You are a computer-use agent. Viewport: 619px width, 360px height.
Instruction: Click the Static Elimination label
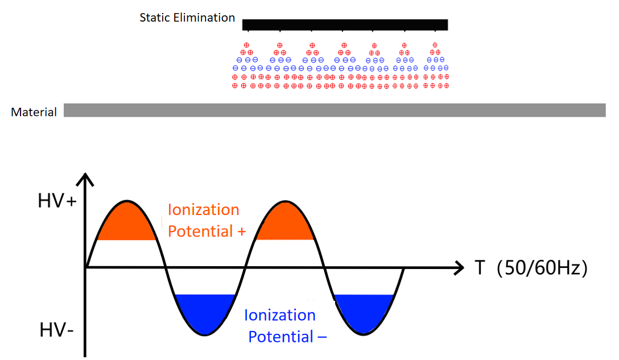(x=187, y=18)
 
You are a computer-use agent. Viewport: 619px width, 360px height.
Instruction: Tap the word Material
(x=34, y=112)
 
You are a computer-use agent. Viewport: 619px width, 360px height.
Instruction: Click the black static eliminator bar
(x=345, y=24)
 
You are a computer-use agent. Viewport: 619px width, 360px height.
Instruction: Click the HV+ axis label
(x=57, y=202)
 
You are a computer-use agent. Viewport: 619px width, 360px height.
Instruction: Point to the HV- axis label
(x=56, y=329)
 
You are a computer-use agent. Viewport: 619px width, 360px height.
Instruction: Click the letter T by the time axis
(x=480, y=267)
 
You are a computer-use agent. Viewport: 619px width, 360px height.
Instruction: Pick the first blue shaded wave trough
(x=205, y=312)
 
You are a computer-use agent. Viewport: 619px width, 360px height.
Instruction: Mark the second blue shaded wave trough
(x=364, y=312)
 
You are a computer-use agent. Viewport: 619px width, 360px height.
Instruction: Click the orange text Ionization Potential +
(x=203, y=221)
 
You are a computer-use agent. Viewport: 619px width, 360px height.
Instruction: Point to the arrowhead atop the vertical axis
(x=85, y=179)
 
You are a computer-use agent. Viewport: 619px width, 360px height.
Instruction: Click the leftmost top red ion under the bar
(x=246, y=45)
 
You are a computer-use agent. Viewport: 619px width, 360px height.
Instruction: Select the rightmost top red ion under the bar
(x=435, y=45)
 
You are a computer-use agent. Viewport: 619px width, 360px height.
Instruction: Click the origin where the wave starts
(x=86, y=267)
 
